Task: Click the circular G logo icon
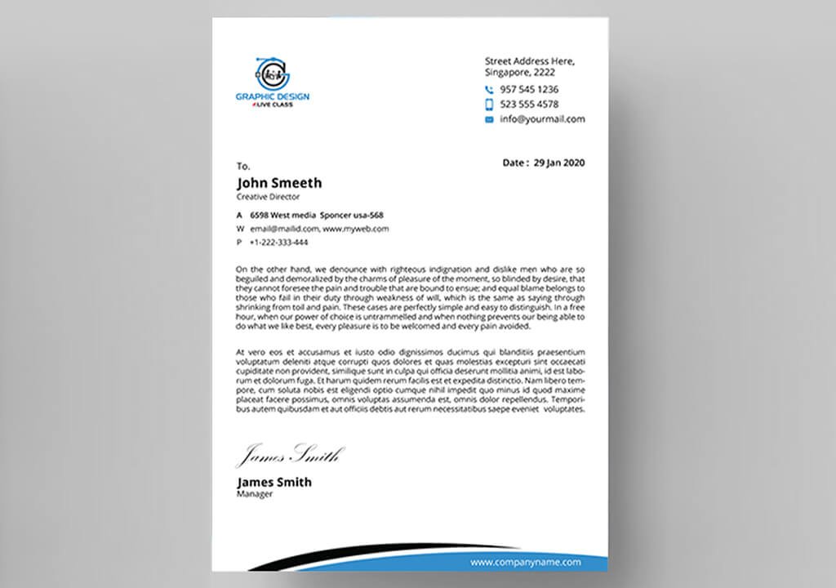pos(272,73)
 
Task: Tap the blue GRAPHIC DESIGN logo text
pos(273,97)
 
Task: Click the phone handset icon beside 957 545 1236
pos(489,90)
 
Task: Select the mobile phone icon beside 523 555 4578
pos(489,105)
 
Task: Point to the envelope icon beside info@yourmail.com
pos(489,119)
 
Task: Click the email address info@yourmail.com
pos(542,119)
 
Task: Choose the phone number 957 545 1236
pos(529,90)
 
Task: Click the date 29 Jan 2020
pos(559,163)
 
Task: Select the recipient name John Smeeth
pos(279,183)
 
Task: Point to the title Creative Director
pos(268,197)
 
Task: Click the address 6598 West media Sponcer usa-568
pos(317,215)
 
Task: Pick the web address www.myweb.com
pos(356,229)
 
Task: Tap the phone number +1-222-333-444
pos(279,243)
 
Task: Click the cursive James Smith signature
pos(290,454)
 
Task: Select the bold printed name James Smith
pos(273,482)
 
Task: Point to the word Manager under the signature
pos(255,494)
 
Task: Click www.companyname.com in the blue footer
pos(526,562)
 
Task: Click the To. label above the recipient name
pos(243,167)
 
